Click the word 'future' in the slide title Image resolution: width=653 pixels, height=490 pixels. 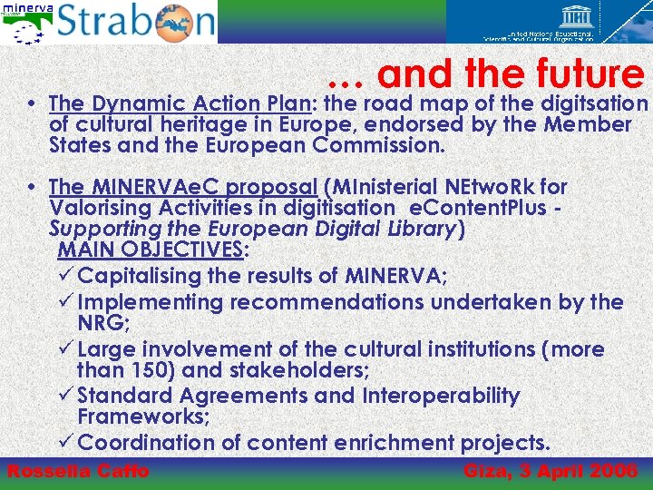(x=589, y=73)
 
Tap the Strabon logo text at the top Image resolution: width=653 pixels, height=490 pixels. (x=136, y=22)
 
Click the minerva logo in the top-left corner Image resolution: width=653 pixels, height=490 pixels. (x=26, y=22)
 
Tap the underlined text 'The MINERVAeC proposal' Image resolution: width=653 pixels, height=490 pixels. (x=182, y=187)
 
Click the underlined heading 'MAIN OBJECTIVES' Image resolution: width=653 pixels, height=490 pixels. (x=150, y=250)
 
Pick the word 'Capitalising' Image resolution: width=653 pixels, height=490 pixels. (x=154, y=275)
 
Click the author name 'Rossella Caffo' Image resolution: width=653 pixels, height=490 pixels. (x=78, y=471)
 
